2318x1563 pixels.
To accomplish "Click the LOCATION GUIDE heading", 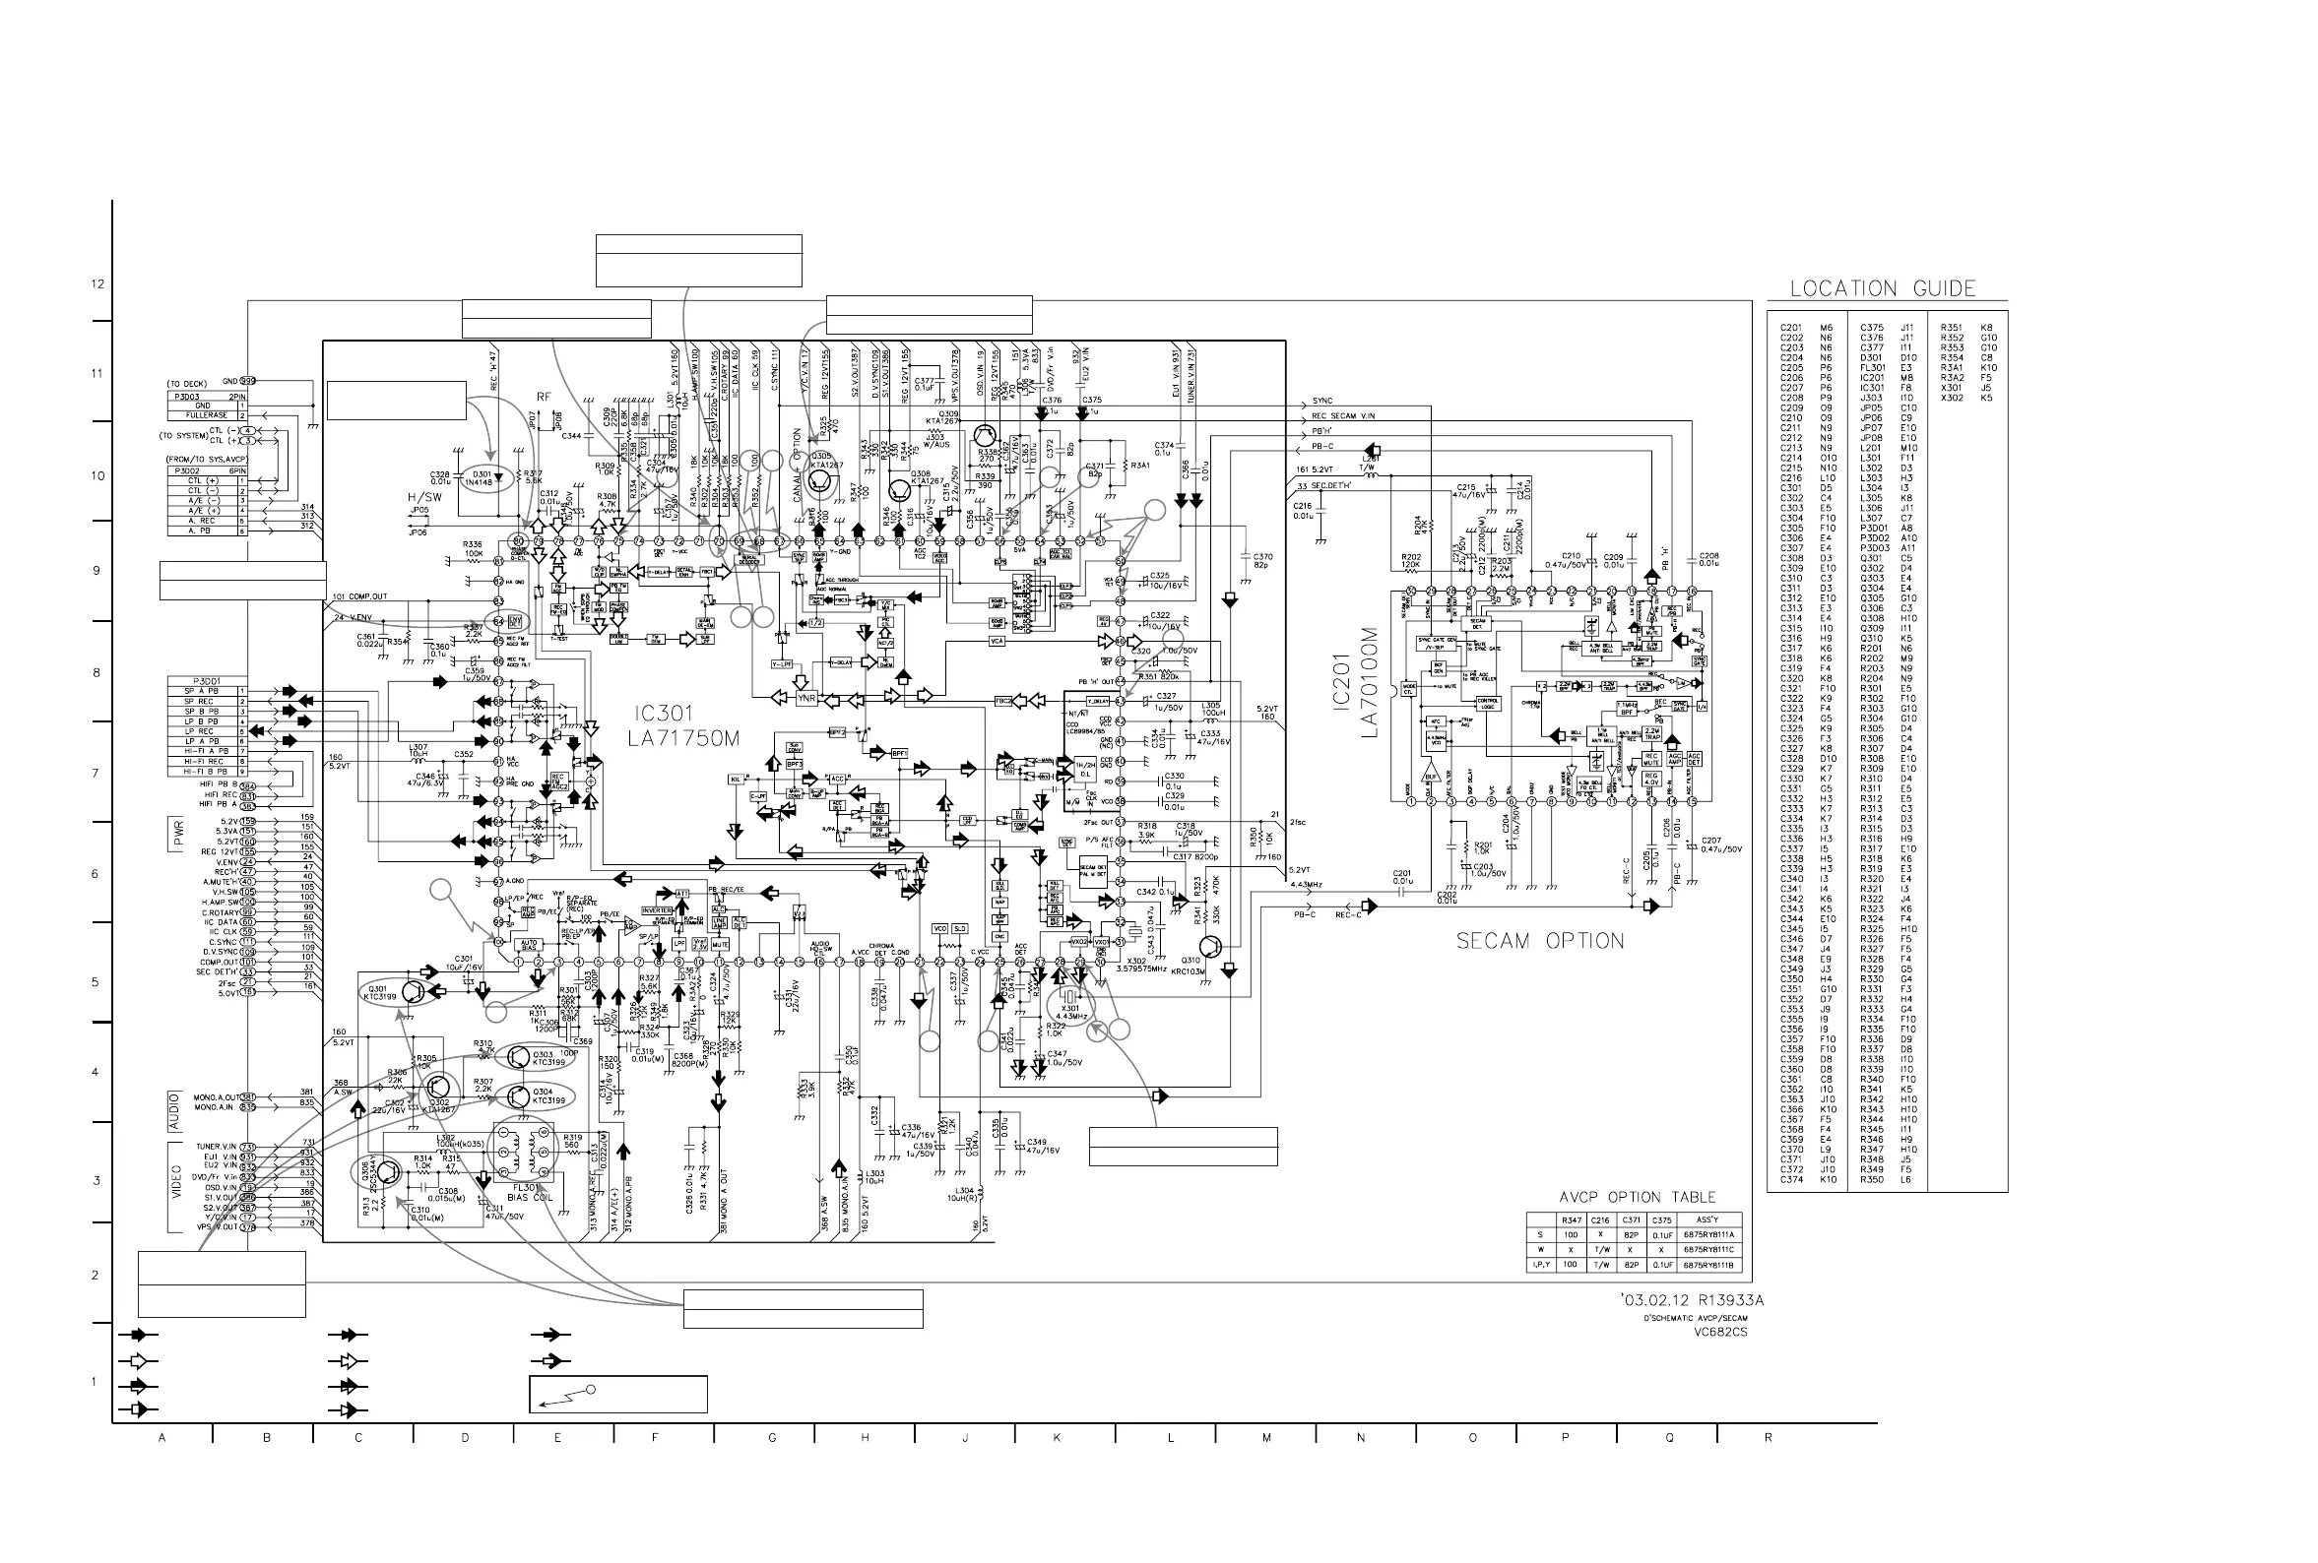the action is click(x=1883, y=289).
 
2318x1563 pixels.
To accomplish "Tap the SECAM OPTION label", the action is click(x=1539, y=941).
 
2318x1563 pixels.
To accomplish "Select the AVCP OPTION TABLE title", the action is click(x=1637, y=1197).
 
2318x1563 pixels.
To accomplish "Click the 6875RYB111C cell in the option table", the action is click(x=1708, y=1249).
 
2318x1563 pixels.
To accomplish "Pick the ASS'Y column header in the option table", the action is click(x=1708, y=1219).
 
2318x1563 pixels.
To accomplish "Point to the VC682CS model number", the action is click(x=1721, y=1332).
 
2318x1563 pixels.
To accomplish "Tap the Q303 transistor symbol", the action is click(x=517, y=1058).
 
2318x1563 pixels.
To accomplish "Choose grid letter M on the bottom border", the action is click(x=1266, y=1438).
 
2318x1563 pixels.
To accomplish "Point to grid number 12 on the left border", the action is click(x=97, y=284).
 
